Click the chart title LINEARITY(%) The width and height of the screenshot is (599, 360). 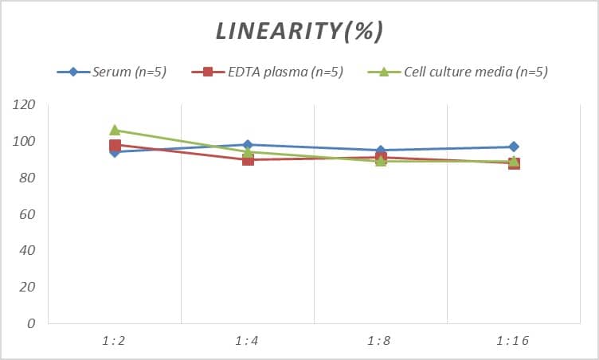tap(299, 31)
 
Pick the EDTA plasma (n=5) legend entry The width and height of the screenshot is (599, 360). tap(268, 72)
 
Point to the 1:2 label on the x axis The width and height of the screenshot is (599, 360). tap(114, 341)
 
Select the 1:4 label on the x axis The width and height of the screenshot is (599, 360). tap(247, 341)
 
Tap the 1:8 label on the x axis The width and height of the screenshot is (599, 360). tap(380, 341)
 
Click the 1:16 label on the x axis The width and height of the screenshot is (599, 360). tap(513, 341)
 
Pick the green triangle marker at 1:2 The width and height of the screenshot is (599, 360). tap(115, 130)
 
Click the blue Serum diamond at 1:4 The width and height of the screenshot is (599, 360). tap(248, 145)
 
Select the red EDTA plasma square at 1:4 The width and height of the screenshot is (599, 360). tap(248, 159)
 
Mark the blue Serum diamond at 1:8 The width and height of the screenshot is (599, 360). tap(381, 151)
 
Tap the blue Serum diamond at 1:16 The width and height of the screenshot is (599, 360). tap(514, 147)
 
